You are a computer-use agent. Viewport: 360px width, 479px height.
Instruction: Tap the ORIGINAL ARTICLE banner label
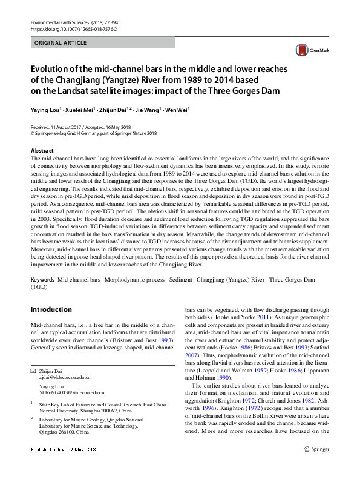pyautogui.click(x=61, y=43)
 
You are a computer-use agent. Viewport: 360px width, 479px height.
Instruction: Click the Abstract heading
pyautogui.click(x=42, y=150)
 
